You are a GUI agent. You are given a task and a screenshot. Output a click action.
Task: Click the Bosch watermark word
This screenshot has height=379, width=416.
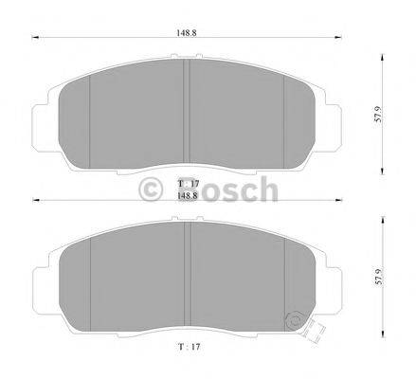pos(224,190)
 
